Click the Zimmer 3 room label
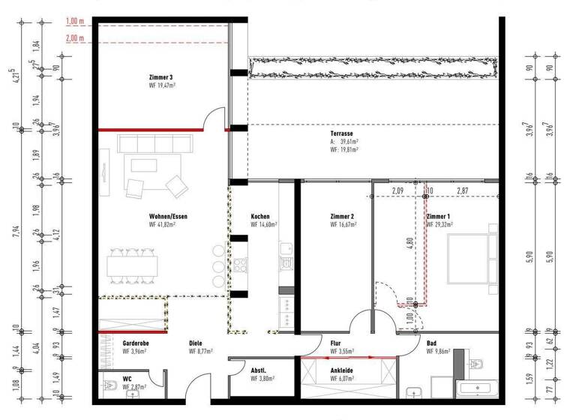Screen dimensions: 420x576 [x=162, y=77]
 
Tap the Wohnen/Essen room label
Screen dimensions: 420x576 [x=168, y=217]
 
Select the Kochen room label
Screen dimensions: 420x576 [x=260, y=217]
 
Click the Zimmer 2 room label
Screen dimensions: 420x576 [x=342, y=217]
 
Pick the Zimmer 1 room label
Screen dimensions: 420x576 [x=438, y=217]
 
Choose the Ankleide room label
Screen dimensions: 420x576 [x=342, y=370]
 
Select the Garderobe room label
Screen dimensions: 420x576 [x=134, y=343]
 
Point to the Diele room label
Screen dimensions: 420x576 [x=196, y=343]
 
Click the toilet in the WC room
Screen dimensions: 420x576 [x=106, y=389]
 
